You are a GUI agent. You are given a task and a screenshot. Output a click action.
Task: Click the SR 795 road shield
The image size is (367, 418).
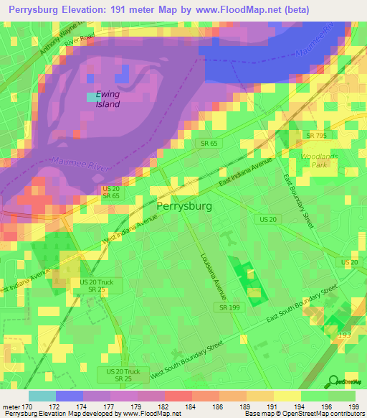[316, 135]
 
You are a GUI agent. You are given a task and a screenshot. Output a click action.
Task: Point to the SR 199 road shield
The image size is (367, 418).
[225, 307]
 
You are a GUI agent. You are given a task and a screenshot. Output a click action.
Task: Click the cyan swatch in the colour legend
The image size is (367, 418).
[42, 396]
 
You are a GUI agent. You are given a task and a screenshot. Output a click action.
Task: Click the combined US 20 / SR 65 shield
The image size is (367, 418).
[110, 192]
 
